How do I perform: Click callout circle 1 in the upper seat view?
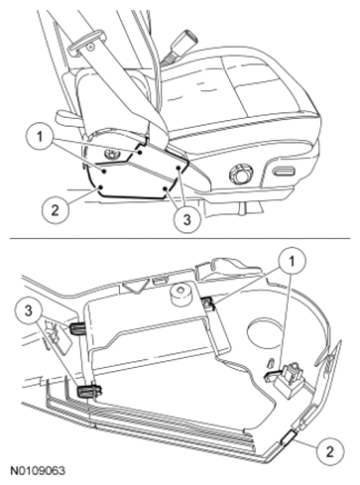[x=40, y=136]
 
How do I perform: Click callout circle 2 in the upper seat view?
[x=56, y=209]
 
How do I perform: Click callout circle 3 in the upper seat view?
[x=187, y=219]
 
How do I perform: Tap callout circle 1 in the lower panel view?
[x=292, y=262]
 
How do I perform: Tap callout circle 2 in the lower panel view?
[x=330, y=451]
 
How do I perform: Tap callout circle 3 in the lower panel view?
[x=29, y=310]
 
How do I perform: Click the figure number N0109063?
[x=38, y=471]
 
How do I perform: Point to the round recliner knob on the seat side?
[x=241, y=174]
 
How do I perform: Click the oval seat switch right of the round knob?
[x=285, y=172]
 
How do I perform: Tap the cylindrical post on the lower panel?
[x=180, y=294]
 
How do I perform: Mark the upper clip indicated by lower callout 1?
[x=208, y=303]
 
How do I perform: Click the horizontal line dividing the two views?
[x=180, y=238]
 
